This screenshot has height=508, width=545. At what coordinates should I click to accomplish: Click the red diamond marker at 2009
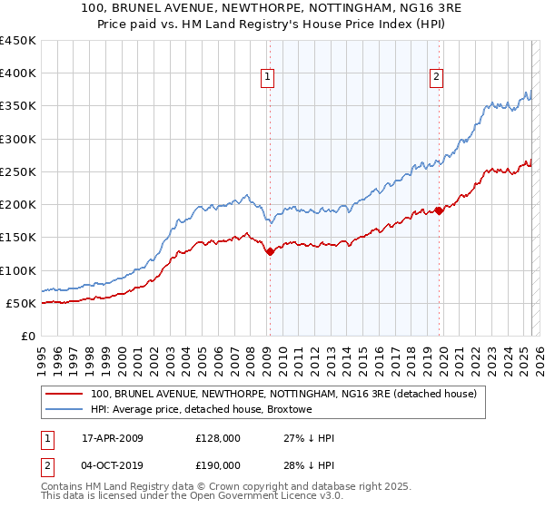[x=270, y=252]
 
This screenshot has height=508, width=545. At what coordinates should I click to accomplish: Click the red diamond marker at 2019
[x=438, y=210]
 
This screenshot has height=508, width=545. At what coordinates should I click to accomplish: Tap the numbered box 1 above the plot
[x=269, y=78]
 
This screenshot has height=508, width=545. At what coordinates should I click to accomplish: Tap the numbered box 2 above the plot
[x=437, y=78]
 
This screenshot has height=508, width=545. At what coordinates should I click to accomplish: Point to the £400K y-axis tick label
[x=18, y=73]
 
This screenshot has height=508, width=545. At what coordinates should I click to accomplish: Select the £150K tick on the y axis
[x=18, y=238]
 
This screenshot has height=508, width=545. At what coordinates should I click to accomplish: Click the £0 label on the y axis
[x=28, y=336]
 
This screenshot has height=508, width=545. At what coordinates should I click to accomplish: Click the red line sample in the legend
[x=62, y=395]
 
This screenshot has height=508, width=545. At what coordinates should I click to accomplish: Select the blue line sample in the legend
[x=62, y=410]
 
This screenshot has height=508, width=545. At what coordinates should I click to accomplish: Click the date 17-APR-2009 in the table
[x=112, y=438]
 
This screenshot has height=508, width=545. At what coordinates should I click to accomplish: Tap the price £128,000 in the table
[x=217, y=438]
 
